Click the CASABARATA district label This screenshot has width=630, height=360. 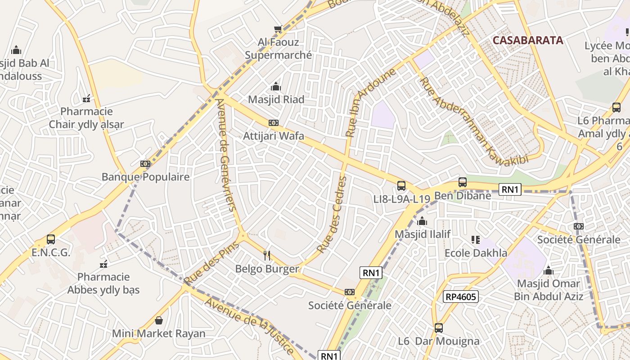tap(527, 40)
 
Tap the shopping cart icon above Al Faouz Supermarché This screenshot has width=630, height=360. tap(278, 29)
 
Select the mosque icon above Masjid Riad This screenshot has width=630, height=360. tap(276, 86)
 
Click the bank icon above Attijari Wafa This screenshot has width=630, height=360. tap(273, 123)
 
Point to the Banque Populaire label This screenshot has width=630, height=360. tap(145, 177)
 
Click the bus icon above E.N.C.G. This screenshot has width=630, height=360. tap(51, 239)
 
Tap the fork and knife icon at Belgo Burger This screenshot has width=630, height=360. tap(267, 256)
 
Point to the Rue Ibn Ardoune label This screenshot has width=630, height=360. tap(370, 103)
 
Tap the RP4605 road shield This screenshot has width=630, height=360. tap(460, 296)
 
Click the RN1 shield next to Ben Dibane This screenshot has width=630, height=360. tap(510, 189)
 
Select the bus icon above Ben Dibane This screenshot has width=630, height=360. tap(462, 182)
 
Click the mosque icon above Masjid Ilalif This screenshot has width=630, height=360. tap(422, 221)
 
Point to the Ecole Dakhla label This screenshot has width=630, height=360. tap(476, 253)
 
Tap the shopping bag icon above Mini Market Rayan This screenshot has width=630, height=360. tap(158, 320)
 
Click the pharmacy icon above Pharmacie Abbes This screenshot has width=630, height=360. tap(103, 264)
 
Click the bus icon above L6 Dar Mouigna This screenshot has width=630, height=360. tap(439, 328)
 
